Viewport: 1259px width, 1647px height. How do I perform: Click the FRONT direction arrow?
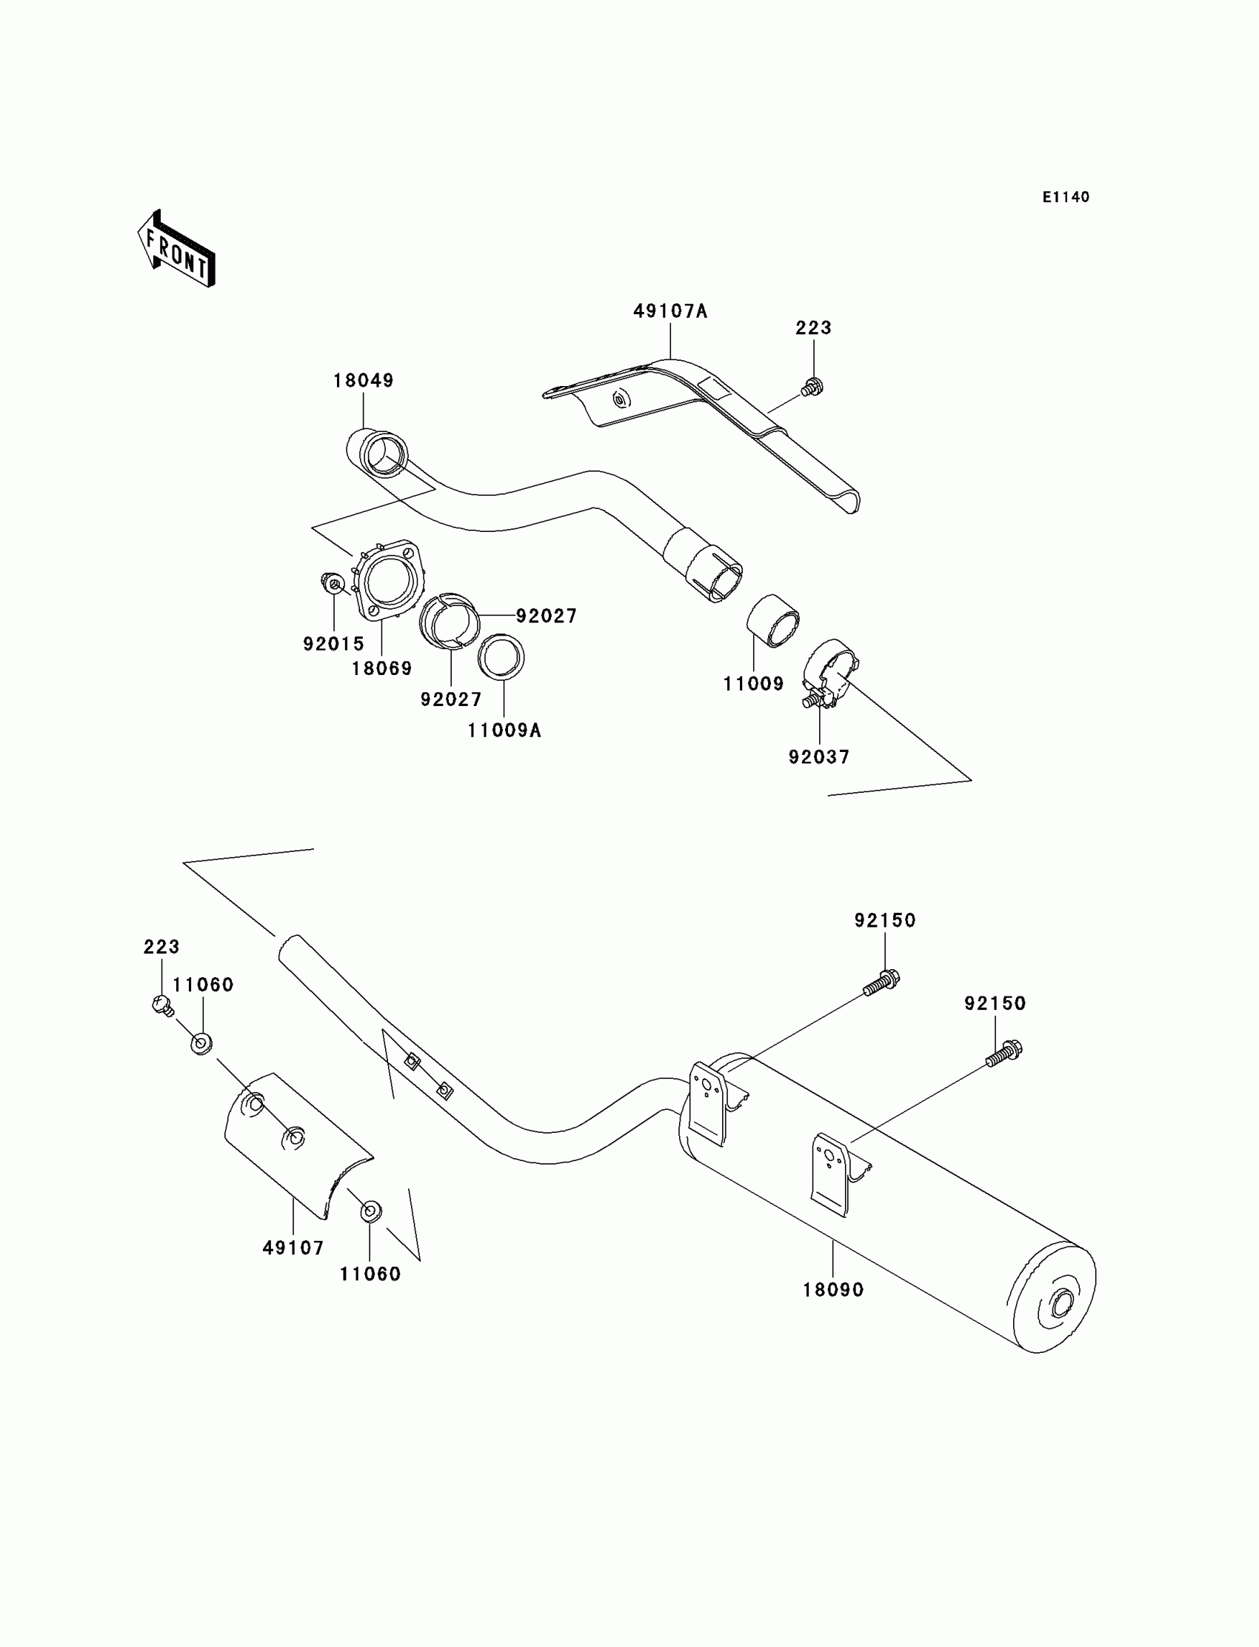[176, 249]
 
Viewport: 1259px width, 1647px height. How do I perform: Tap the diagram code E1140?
[1066, 197]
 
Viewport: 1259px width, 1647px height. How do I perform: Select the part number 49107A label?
[670, 311]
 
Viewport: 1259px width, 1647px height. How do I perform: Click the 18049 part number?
[364, 381]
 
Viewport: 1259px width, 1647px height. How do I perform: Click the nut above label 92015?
[333, 582]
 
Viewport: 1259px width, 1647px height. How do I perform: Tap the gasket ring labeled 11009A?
[501, 657]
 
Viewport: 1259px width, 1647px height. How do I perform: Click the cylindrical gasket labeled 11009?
[772, 620]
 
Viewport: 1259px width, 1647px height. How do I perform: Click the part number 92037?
[819, 757]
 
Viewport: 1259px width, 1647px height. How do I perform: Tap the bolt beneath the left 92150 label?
[881, 982]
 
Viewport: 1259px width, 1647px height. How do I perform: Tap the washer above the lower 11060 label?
[370, 1211]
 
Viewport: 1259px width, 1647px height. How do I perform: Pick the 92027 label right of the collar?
[547, 616]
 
